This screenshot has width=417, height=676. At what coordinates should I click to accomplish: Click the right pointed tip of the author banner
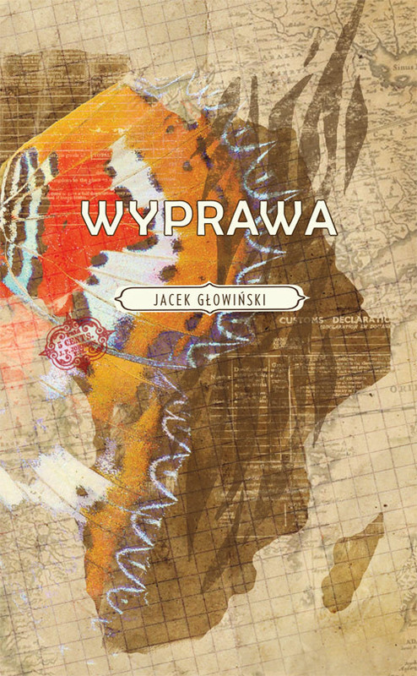(x=303, y=298)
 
